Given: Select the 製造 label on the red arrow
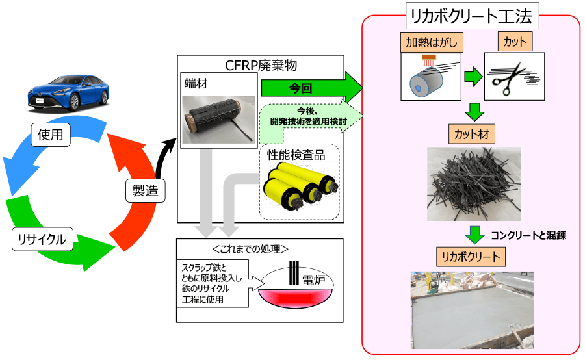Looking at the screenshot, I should coord(144,190).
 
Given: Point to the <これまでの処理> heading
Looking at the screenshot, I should coord(259,249).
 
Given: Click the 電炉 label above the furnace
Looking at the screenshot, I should coord(309,280).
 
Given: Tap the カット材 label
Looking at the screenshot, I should coord(472,135).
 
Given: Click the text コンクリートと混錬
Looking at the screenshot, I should coord(528,236).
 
